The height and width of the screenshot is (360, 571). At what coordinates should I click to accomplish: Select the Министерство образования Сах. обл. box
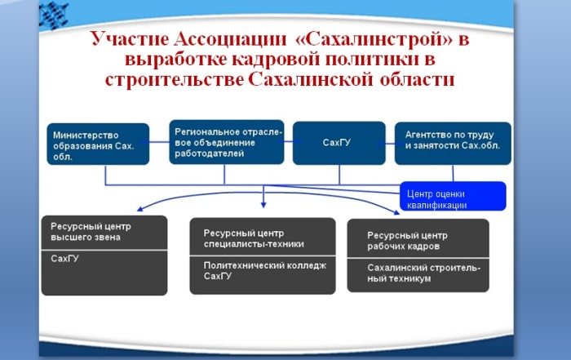pyautogui.click(x=97, y=144)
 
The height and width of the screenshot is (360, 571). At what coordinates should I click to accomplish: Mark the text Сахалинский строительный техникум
pyautogui.click(x=423, y=273)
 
